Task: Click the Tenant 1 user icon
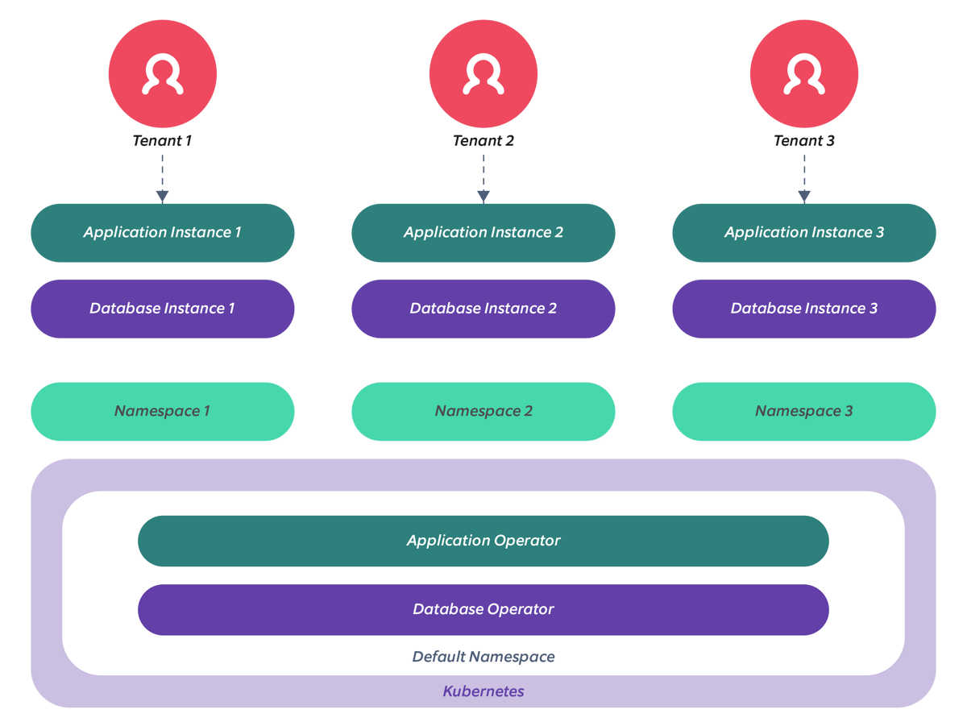tap(163, 73)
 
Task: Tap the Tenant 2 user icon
tap(483, 73)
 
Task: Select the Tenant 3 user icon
tap(804, 73)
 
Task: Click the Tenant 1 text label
tap(163, 140)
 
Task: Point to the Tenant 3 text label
tap(804, 140)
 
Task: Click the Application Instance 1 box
tap(163, 233)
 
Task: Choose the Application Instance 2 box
tap(483, 233)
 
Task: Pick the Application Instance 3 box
tap(804, 233)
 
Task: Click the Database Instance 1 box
tap(163, 309)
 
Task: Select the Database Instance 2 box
tap(483, 309)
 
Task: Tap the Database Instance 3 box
tap(804, 309)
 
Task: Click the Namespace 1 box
tap(163, 411)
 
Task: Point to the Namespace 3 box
tap(804, 411)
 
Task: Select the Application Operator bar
tap(483, 541)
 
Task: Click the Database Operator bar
tap(483, 609)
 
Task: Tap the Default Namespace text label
tap(483, 657)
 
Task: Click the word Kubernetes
tap(483, 691)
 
